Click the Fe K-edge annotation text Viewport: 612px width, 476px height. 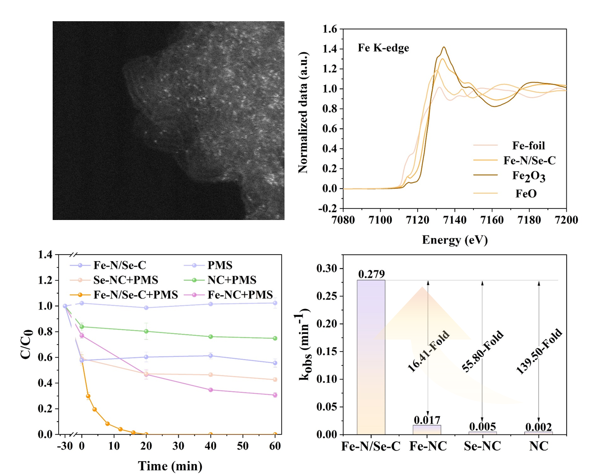click(x=383, y=48)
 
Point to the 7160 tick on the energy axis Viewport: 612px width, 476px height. click(x=492, y=220)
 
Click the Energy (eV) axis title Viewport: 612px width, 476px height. click(x=455, y=240)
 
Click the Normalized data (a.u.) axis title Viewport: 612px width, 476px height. click(x=303, y=113)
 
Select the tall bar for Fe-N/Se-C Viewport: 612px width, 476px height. click(x=371, y=357)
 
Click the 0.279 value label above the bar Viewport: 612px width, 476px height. click(x=371, y=274)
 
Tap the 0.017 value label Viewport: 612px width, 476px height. click(x=427, y=420)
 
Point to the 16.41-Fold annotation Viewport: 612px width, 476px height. click(x=428, y=351)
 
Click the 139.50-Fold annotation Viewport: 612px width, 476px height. click(x=539, y=351)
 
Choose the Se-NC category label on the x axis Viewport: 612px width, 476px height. click(x=483, y=446)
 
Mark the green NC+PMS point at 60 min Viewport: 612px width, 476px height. click(x=275, y=338)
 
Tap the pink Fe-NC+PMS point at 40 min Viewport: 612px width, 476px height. click(x=211, y=390)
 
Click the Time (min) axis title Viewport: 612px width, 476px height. click(x=170, y=466)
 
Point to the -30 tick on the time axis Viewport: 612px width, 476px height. click(x=65, y=446)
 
